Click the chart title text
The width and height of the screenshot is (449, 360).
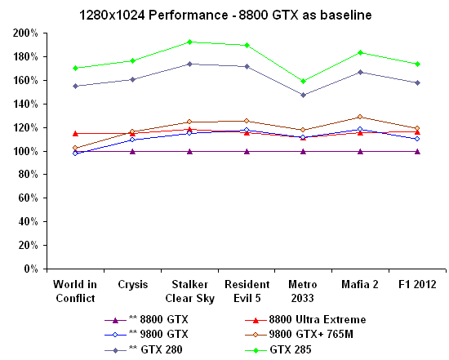coord(224,15)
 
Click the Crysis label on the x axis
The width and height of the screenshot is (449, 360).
coord(132,284)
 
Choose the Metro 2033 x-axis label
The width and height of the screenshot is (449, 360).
coord(303,290)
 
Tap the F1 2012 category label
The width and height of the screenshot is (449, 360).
coord(416,284)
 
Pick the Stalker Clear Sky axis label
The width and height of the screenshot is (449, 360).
coord(189,290)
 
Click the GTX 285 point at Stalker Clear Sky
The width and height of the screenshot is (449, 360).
coord(189,42)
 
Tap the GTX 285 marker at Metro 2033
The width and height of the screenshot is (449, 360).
coord(303,81)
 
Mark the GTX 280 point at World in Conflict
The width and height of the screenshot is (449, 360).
coord(75,86)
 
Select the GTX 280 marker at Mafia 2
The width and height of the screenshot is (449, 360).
coord(360,72)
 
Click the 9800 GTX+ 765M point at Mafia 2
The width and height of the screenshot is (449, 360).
coord(360,117)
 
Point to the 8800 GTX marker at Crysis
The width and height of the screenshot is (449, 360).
coord(132,151)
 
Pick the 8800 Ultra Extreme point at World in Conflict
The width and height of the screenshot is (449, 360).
coord(75,133)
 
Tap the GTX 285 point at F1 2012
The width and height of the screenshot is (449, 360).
coord(417,64)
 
